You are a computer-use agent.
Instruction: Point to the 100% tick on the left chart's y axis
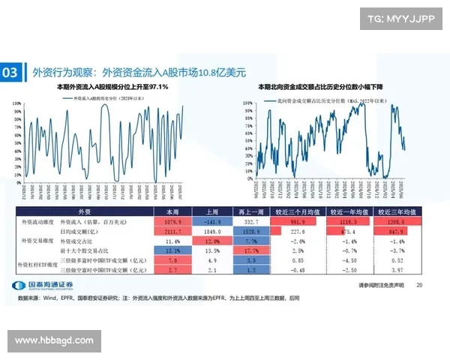coord(16,102)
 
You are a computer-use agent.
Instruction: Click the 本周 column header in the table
coord(172,213)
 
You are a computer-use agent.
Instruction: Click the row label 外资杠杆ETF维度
coord(41,265)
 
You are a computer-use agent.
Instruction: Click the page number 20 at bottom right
coord(419,285)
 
